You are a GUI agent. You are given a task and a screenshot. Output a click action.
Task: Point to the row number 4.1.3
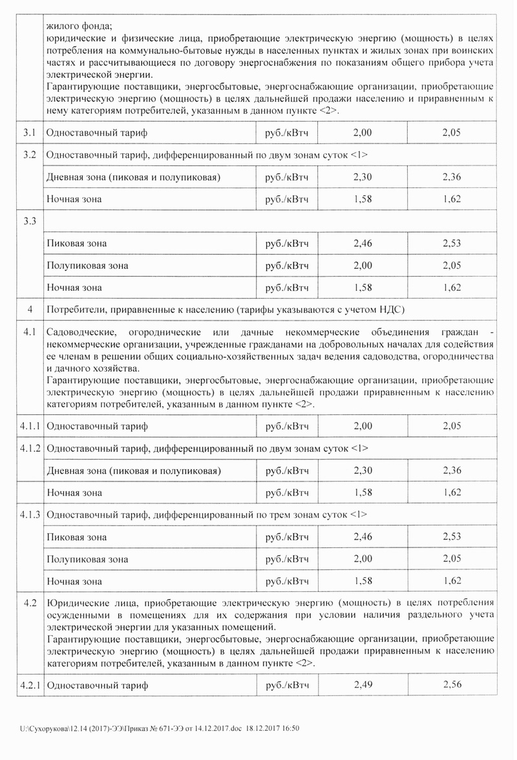tap(28, 515)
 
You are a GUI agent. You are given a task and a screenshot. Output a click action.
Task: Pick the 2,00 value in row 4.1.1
tap(364, 427)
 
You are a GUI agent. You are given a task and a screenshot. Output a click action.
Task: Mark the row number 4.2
tap(28, 603)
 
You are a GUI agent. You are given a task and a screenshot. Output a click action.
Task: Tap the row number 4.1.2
tap(28, 448)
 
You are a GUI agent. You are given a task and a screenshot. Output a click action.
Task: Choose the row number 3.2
tap(28, 155)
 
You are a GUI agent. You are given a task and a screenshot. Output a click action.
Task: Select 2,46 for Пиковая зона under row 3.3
tap(364, 244)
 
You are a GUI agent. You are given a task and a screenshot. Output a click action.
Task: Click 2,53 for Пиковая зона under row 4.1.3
tap(452, 537)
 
